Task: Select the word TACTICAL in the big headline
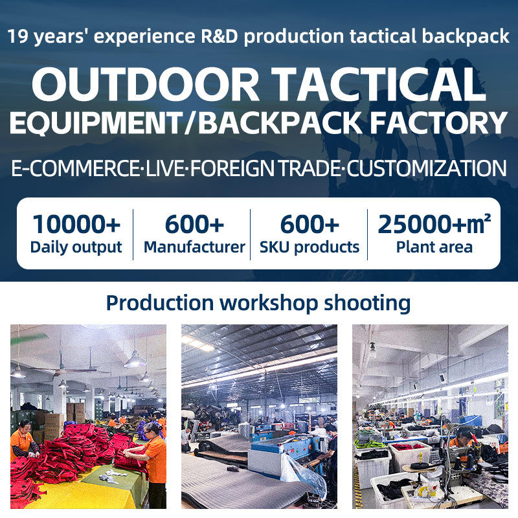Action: [379, 84]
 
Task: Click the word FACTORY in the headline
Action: [439, 122]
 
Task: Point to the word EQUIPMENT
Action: [96, 123]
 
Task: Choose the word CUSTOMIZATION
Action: [427, 168]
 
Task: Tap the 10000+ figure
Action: [76, 224]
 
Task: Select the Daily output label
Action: [76, 247]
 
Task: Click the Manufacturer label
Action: [194, 247]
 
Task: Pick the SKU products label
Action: [310, 247]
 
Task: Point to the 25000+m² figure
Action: [434, 224]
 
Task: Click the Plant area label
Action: [434, 247]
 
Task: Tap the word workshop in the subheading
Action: [269, 303]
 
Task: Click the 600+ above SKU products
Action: [310, 224]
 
